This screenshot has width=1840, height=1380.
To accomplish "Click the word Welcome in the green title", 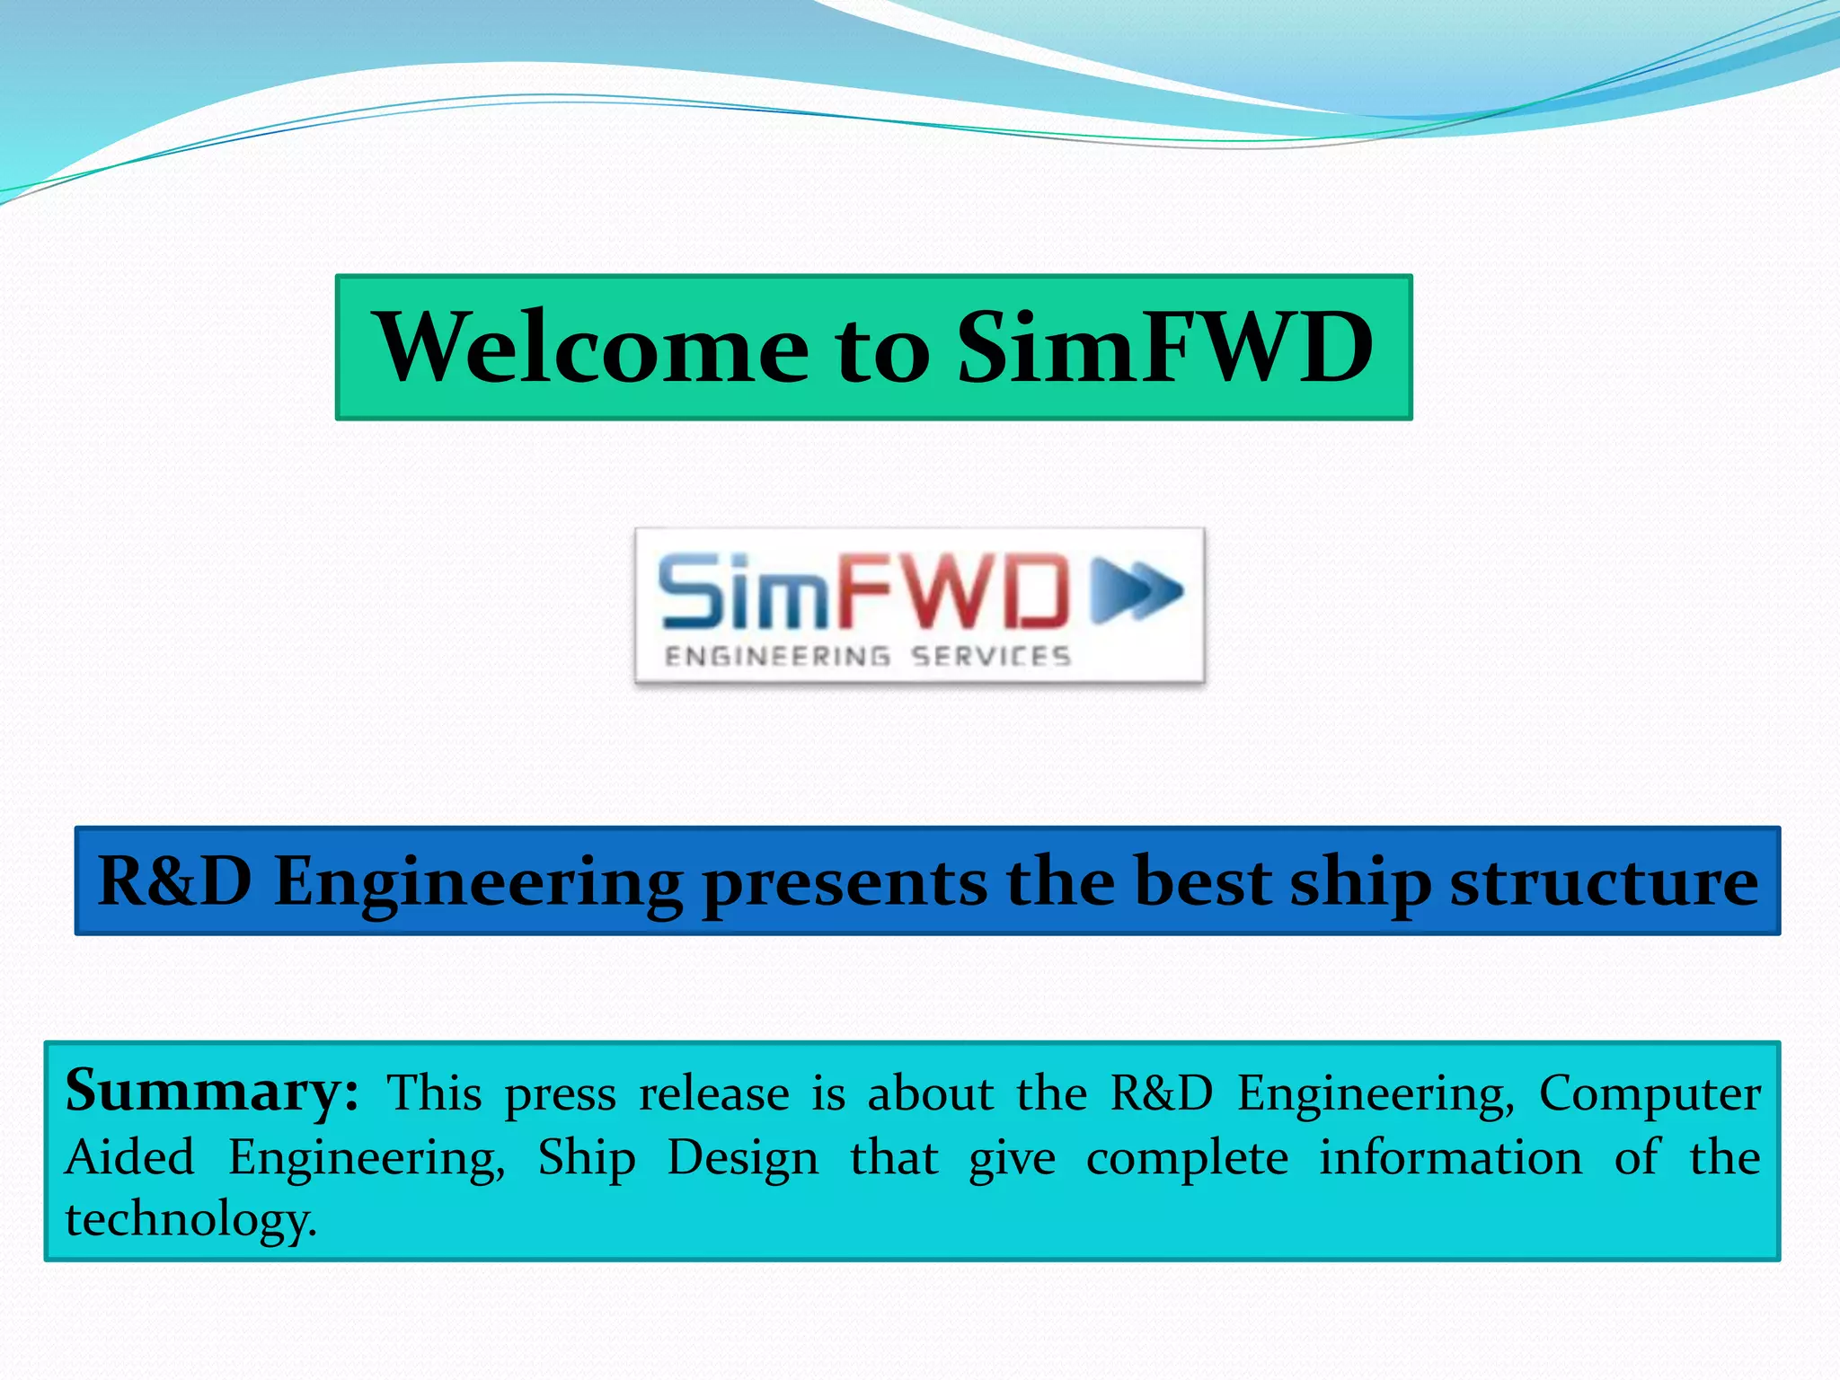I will pyautogui.click(x=594, y=349).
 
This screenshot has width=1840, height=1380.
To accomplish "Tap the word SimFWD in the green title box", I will pyautogui.click(x=1164, y=349).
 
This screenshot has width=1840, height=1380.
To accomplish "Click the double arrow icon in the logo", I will pyautogui.click(x=1137, y=590).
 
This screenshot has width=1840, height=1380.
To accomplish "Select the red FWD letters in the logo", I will pyautogui.click(x=954, y=590).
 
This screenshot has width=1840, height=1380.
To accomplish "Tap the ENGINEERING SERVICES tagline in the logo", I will pyautogui.click(x=867, y=657).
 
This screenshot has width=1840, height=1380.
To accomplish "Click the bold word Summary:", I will pyautogui.click(x=212, y=1092).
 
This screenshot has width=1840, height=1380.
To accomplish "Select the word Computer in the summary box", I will pyautogui.click(x=1650, y=1094).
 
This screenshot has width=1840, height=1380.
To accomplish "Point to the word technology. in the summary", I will pyautogui.click(x=190, y=1220).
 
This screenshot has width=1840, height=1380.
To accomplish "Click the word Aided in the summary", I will pyautogui.click(x=129, y=1157).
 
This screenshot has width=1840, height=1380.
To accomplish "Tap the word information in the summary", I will pyautogui.click(x=1450, y=1157).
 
